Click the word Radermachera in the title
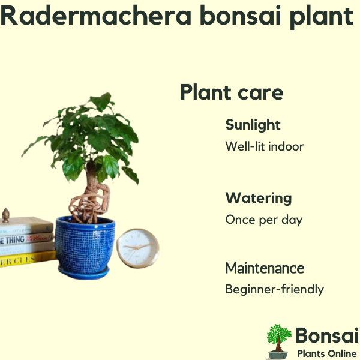[96, 16]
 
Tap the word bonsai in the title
[241, 15]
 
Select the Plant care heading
[232, 92]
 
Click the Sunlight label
[253, 125]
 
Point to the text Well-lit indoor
[265, 146]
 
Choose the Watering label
[259, 198]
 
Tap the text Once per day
[264, 220]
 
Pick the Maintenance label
[265, 268]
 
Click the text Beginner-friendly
[275, 289]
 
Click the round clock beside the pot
[138, 248]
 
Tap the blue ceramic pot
[85, 245]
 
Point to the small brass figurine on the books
[6, 215]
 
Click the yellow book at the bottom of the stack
[28, 259]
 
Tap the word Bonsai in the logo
[327, 335]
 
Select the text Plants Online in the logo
[327, 353]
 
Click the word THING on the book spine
[15, 240]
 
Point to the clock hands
[137, 247]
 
